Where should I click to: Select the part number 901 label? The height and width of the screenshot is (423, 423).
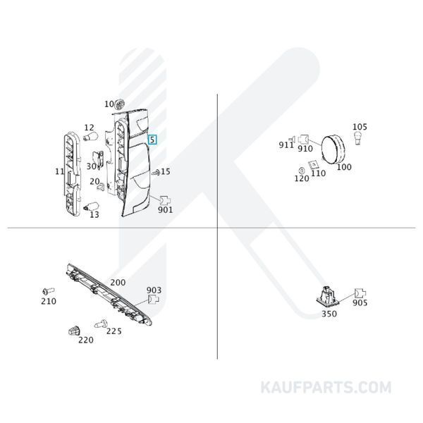click(165, 209)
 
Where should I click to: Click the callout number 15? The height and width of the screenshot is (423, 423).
click(166, 171)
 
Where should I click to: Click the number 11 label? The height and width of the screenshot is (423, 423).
click(59, 171)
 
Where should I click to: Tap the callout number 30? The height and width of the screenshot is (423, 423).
click(91, 166)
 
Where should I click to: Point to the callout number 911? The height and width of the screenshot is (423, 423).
click(286, 145)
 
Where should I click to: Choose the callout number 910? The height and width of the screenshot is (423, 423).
click(305, 149)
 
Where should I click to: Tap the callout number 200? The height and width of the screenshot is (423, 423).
click(118, 282)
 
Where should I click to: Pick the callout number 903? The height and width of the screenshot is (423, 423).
click(154, 290)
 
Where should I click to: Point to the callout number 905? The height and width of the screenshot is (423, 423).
click(360, 303)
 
